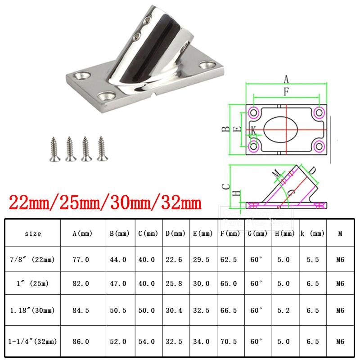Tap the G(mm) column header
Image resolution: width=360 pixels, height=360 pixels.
click(257, 234)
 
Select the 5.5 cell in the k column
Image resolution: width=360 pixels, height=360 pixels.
click(313, 260)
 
